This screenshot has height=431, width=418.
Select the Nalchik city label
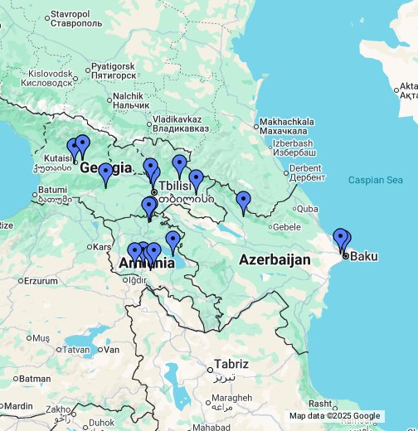pyautogui.click(x=130, y=100)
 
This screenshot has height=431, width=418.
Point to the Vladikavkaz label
pyautogui.click(x=181, y=123)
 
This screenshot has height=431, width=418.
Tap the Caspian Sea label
pyautogui.click(x=375, y=180)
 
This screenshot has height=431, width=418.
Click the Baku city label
pyautogui.click(x=364, y=255)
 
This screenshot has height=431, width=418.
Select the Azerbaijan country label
pyautogui.click(x=275, y=260)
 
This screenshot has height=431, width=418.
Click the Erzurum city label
pyautogui.click(x=41, y=281)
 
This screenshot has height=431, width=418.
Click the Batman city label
pyautogui.click(x=34, y=379)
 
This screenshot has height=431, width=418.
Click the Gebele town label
pyautogui.click(x=285, y=226)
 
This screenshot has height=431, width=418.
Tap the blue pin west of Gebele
pyautogui.click(x=243, y=201)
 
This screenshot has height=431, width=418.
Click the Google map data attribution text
pyautogui.click(x=334, y=416)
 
